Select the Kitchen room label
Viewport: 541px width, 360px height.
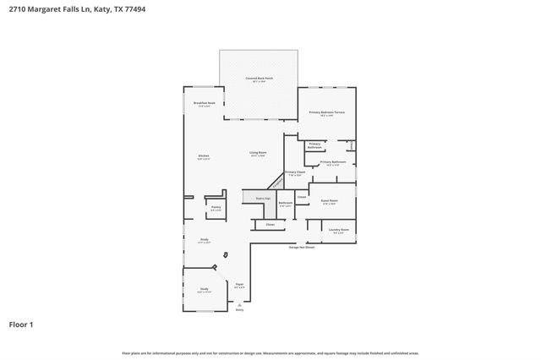(204, 156)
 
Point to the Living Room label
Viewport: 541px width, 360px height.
(258, 153)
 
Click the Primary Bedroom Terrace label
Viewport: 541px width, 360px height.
(326, 112)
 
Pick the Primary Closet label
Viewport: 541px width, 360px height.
(295, 172)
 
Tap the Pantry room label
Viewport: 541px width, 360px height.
(216, 207)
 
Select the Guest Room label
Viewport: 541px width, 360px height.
(329, 201)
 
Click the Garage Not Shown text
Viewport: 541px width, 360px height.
(302, 248)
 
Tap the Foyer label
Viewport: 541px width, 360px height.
(239, 285)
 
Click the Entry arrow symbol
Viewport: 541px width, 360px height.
(239, 305)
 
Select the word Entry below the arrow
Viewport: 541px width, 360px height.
(239, 311)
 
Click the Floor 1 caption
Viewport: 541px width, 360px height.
(21, 325)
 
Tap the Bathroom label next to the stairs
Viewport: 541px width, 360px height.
(286, 203)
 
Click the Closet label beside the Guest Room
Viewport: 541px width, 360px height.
(302, 196)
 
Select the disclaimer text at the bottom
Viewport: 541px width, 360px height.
(270, 352)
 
